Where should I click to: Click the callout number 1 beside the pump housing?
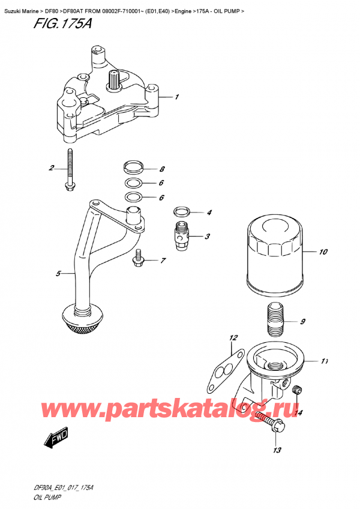[176, 97]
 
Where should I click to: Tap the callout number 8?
[161, 169]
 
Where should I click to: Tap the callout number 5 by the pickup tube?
[58, 274]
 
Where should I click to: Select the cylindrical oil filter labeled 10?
[274, 253]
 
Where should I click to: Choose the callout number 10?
[323, 251]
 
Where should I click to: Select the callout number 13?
[277, 450]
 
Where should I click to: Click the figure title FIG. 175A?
[62, 23]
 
